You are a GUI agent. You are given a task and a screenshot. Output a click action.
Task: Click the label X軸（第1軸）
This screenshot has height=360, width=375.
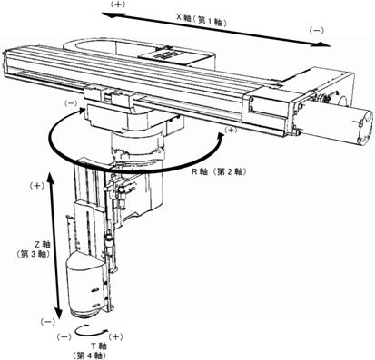coord(202,20)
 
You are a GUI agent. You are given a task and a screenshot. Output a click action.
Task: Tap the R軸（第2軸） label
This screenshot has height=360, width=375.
coord(220,171)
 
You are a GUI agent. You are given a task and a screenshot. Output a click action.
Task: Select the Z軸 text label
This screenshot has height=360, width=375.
coord(43,244)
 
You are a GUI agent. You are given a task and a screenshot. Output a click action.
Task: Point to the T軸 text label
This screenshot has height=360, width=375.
coord(99,345)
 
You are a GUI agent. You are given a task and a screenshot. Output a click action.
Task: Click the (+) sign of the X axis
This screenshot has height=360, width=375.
coord(118,5)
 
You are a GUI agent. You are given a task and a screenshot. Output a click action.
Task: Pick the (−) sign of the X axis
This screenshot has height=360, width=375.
coord(317,30)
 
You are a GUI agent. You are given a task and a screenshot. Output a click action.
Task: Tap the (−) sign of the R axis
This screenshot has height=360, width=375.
coord(71,103)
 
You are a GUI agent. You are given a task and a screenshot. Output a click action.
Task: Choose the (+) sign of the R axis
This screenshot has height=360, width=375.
coord(231,130)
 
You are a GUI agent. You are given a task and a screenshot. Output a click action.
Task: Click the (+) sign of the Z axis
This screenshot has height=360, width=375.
coord(37,186)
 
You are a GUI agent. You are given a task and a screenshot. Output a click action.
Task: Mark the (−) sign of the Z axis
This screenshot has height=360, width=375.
coord(48,322)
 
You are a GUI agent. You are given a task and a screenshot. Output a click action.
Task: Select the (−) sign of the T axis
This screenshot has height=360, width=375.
coord(64,336)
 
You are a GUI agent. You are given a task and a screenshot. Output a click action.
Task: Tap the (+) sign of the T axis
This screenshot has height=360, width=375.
coord(115,336)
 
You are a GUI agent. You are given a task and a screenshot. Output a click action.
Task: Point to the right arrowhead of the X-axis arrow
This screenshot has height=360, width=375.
coord(326,44)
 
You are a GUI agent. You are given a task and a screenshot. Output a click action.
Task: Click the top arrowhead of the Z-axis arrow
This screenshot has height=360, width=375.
coord(51,178)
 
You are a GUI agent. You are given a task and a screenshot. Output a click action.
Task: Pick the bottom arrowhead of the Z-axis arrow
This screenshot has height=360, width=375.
coord(60,314)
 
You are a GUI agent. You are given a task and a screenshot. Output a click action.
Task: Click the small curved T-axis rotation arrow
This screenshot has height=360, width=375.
coord(91,335)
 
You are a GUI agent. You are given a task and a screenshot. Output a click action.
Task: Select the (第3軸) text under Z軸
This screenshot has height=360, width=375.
coord(34,254)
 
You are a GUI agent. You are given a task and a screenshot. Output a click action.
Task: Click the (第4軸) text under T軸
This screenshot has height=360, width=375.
coord(90,355)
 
